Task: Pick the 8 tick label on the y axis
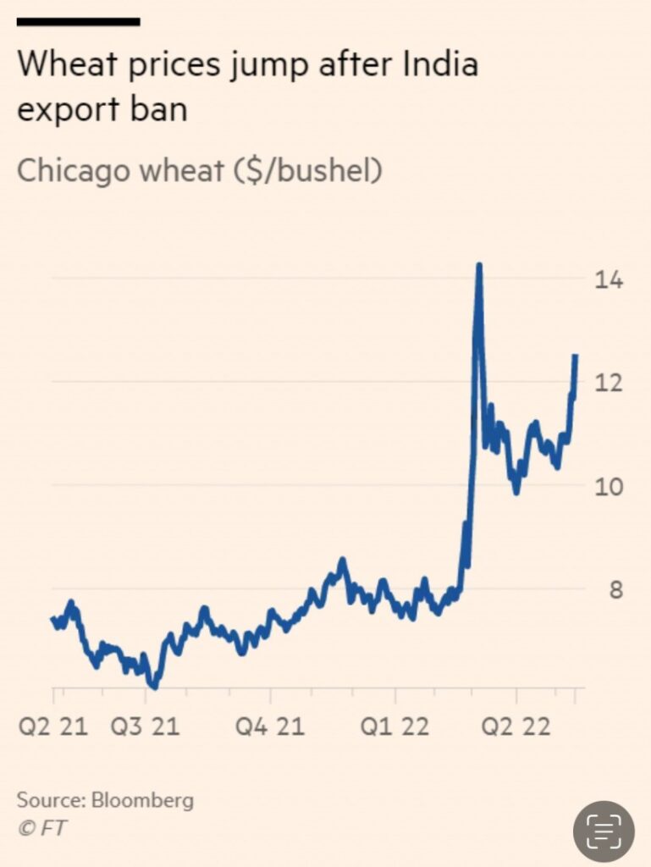(x=616, y=590)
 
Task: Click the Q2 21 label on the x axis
(x=52, y=726)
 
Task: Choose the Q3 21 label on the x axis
(x=145, y=726)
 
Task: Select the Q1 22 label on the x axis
(x=394, y=726)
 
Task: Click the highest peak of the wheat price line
(x=479, y=266)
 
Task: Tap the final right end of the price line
(x=576, y=356)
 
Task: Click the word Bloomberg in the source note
(x=142, y=800)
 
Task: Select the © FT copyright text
(x=41, y=828)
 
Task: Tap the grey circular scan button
(x=604, y=831)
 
